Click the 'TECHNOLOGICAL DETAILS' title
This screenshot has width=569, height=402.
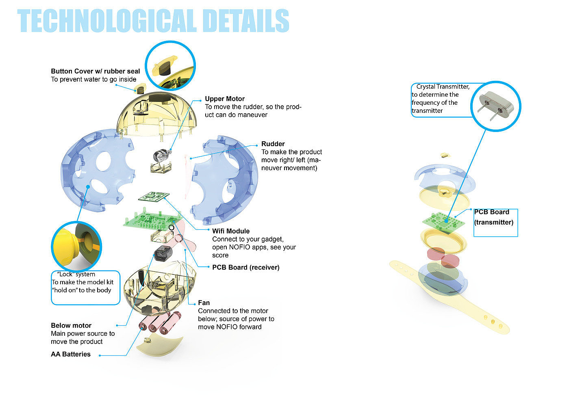[x=153, y=21]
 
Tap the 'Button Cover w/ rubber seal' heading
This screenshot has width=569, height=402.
[x=96, y=71]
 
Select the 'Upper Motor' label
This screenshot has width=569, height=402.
[x=225, y=99]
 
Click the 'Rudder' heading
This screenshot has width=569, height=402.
[x=273, y=144]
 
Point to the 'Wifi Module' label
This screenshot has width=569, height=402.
[x=231, y=231]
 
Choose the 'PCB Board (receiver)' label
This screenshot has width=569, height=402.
[x=246, y=267]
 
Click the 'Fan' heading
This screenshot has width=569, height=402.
[x=204, y=303]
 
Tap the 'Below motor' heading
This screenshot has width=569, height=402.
[x=71, y=325]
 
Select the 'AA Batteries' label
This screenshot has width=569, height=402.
[x=71, y=354]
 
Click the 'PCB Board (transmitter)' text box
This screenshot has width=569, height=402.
[x=495, y=222]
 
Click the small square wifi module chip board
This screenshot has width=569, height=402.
[x=154, y=197]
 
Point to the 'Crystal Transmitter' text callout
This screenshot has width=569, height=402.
[x=441, y=99]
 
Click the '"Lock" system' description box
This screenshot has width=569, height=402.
[x=85, y=287]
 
